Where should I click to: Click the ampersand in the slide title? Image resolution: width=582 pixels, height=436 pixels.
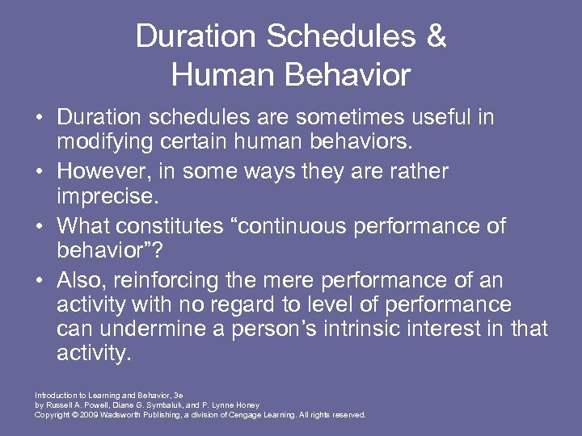tap(434, 37)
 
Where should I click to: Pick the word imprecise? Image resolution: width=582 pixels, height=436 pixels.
tap(106, 196)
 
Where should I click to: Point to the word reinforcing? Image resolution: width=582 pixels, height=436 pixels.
tap(158, 280)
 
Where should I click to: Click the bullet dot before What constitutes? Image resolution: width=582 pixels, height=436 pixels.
tap(40, 226)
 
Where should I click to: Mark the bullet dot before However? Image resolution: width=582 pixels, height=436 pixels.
tap(40, 172)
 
